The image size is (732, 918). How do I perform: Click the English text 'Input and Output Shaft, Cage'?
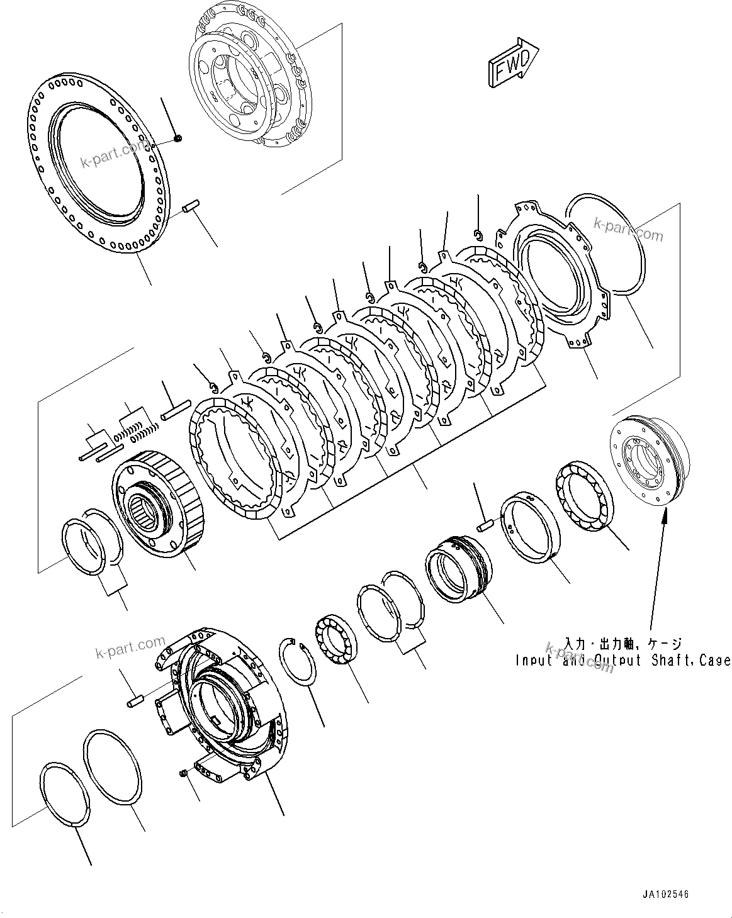[622, 661]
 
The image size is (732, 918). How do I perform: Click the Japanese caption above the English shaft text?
[622, 644]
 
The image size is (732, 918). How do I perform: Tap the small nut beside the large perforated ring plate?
[178, 138]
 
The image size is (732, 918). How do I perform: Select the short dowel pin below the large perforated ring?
[190, 206]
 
